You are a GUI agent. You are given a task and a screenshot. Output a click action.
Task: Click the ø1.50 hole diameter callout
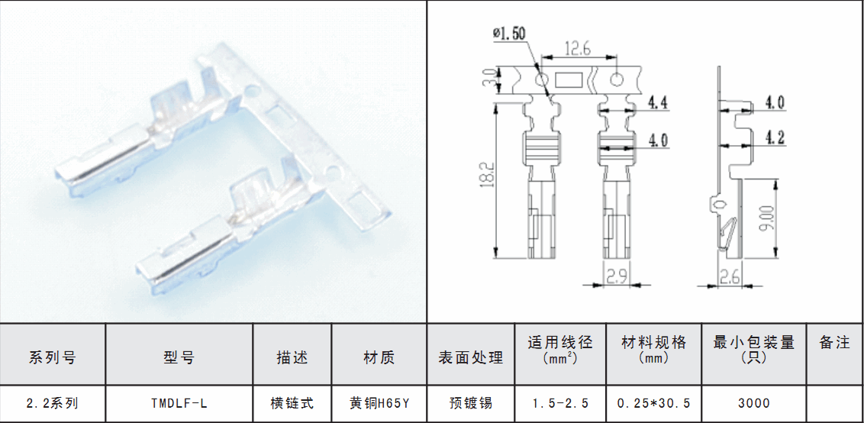click(510, 34)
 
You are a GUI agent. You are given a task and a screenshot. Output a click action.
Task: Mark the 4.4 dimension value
click(657, 102)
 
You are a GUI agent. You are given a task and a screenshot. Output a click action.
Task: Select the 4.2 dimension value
click(775, 137)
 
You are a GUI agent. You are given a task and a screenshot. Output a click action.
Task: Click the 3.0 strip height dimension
click(488, 78)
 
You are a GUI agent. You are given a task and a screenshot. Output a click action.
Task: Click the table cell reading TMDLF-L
click(179, 404)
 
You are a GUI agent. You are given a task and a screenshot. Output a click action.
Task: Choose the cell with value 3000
click(754, 404)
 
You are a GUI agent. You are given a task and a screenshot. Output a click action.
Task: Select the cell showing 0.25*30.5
click(653, 404)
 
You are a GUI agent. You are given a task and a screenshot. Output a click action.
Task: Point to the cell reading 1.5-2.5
click(560, 404)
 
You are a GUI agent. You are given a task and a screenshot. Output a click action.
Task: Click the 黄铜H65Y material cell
click(379, 404)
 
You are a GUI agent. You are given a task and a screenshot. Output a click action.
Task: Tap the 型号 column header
click(179, 357)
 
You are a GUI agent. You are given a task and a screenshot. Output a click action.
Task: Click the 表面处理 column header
click(471, 357)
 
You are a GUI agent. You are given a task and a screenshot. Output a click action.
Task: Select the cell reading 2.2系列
click(53, 404)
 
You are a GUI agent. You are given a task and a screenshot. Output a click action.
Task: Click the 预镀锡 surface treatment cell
click(471, 404)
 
